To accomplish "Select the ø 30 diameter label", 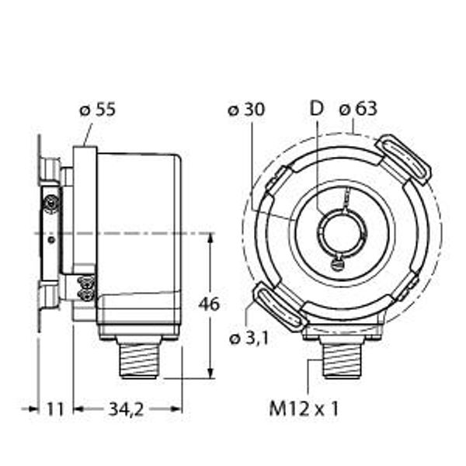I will click(x=246, y=110).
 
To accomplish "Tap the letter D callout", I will click(x=315, y=110).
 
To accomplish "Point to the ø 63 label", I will click(x=358, y=110).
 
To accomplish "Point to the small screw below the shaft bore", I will click(x=336, y=264).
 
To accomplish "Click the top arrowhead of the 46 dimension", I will click(x=210, y=236).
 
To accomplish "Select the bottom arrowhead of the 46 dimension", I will click(x=210, y=374).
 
